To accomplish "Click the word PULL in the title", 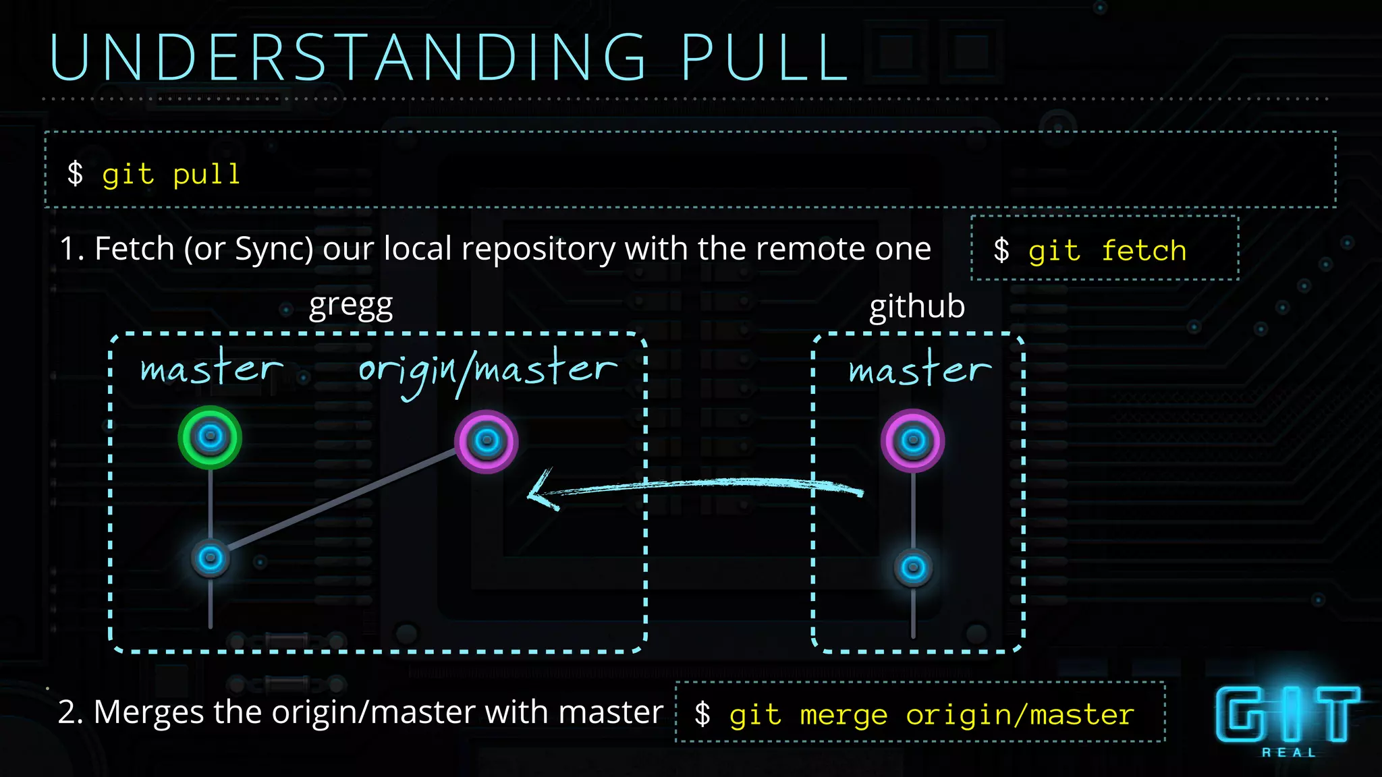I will pos(765,58).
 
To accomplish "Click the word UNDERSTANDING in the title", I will pos(348,58).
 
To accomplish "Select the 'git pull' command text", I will pos(171,175).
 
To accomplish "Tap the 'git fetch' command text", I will pos(1107,251).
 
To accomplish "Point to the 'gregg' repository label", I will pos(350,307).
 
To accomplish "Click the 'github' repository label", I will pos(916,307).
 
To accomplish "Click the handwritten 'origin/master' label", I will pos(487,371).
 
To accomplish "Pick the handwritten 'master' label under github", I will pos(920,370).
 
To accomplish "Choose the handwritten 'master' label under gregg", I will pos(211,369).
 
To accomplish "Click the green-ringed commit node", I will pos(211,437).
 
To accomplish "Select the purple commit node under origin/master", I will pos(487,442).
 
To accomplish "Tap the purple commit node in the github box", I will pos(913,441).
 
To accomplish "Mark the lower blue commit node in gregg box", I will pos(211,558).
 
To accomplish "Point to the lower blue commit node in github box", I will pos(913,567).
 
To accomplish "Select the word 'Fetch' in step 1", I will pos(135,249).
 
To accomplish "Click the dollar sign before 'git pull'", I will pos(76,173).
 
